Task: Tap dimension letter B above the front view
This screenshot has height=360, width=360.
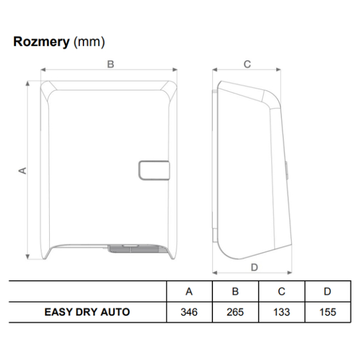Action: (110, 64)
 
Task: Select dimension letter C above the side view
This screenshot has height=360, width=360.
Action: (247, 64)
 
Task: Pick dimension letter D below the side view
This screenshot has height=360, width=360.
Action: (254, 267)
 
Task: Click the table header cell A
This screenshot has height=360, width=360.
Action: (189, 292)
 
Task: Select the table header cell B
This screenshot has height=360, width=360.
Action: (235, 292)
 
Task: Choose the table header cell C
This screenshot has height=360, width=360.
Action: (281, 292)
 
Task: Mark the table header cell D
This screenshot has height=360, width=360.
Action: (327, 292)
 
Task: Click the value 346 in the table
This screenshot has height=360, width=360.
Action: (189, 312)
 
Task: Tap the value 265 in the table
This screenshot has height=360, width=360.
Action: (235, 312)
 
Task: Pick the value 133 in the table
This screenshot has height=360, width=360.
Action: (281, 312)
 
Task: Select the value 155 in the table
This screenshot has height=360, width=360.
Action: (327, 312)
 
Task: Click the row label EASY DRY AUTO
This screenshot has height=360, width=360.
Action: (87, 312)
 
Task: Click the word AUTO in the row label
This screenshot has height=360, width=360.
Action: (116, 312)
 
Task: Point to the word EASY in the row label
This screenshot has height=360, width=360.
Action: (58, 312)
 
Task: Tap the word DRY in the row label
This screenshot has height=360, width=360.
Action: (87, 312)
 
